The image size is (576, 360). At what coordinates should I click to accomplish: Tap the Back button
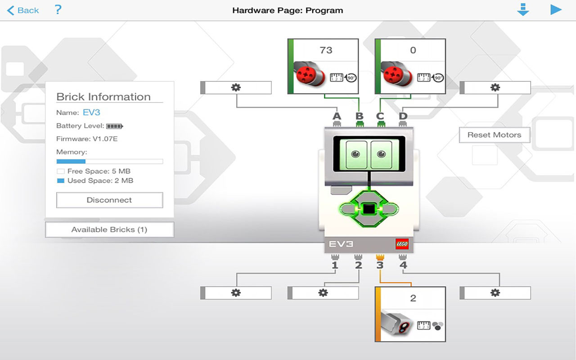coord(23,10)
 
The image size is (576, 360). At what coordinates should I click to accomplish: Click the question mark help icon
coord(58,9)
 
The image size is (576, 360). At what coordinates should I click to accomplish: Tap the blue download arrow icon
coord(523,10)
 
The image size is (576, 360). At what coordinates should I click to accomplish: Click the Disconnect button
coord(109,200)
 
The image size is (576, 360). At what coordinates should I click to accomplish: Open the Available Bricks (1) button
coord(109,229)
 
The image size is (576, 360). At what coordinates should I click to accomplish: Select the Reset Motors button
coord(494,135)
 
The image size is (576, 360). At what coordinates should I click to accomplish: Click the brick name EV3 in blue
coord(91,112)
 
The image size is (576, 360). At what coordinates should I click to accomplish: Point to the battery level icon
coord(114,126)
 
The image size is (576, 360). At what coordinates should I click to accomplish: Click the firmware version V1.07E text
coord(105,139)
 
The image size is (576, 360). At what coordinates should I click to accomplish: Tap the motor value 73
coord(326,50)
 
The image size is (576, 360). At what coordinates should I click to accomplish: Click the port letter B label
coord(359,117)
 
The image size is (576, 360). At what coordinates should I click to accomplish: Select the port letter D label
coord(403,117)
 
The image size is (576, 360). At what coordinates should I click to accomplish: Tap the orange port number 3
coord(380,265)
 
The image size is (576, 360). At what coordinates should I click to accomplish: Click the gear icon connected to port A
coord(236,88)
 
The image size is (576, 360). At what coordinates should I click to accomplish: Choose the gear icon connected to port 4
coord(495,293)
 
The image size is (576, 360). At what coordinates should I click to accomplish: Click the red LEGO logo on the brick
coord(402,244)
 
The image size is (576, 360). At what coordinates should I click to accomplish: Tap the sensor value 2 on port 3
coord(413,298)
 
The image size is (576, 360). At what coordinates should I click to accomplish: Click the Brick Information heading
coord(103,97)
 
